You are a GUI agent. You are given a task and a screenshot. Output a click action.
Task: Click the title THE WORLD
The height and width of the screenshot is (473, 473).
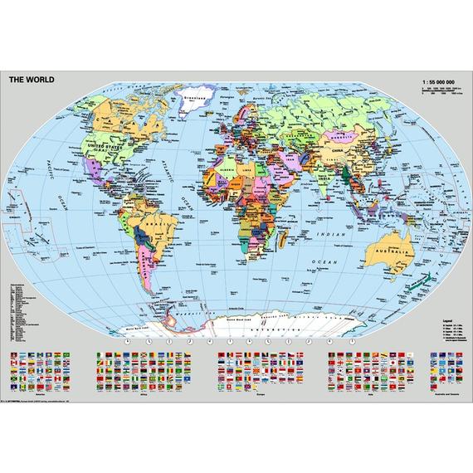coord(32,80)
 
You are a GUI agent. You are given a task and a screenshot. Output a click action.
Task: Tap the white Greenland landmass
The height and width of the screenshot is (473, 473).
coord(197,104)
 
